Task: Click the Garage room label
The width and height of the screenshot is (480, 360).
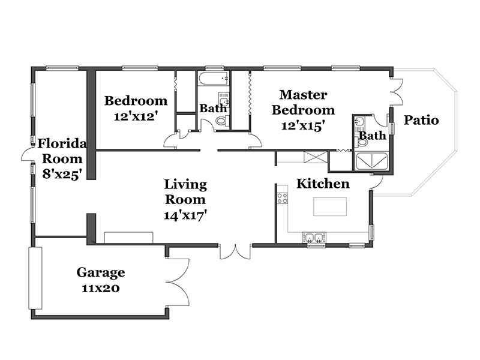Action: pos(101,272)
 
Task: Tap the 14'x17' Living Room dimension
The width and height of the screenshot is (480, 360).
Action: pos(185,215)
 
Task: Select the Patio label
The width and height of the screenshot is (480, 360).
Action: pos(421,120)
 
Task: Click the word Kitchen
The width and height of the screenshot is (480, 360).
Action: pos(323,184)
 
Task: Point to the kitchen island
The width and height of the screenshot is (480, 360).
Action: pos(330,206)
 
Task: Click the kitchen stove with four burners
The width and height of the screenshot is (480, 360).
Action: pos(282,198)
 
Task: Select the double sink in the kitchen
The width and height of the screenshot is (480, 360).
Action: pos(314,237)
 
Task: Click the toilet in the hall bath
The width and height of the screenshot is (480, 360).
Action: pos(222,121)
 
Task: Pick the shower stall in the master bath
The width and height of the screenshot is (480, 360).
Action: pos(371,160)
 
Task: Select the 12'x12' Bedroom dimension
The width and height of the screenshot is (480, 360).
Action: pos(136,116)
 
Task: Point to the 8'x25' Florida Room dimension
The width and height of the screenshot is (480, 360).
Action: pos(62,174)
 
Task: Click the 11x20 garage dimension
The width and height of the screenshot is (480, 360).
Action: pos(101,288)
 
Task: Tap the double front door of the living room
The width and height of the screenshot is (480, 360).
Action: pos(235,251)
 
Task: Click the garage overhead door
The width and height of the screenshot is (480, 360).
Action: pos(35,278)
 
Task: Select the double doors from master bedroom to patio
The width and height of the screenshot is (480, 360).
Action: pos(397,92)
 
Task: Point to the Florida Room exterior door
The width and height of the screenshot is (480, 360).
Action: pos(28,154)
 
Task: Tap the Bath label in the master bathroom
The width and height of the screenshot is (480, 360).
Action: pos(372,136)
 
